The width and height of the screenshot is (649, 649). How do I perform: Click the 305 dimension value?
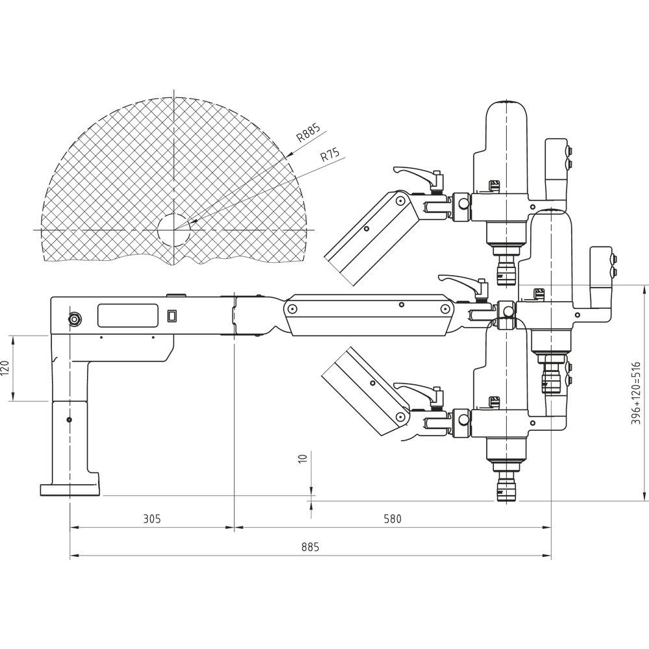point(152,519)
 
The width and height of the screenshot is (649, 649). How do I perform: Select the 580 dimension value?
point(392,519)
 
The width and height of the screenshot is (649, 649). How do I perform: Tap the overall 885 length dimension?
point(310,547)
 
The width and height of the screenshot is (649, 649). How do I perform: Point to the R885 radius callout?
point(308,132)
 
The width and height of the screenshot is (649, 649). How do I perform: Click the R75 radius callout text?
point(330,156)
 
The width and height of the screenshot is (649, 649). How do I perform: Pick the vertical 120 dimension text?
point(5,369)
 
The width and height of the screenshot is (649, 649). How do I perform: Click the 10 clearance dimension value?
point(302,458)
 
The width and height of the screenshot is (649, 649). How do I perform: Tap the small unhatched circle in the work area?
point(174,230)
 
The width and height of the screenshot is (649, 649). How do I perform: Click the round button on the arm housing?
point(75,319)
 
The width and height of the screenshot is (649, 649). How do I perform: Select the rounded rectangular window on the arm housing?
point(128,315)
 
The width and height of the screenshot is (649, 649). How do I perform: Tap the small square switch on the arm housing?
point(172,316)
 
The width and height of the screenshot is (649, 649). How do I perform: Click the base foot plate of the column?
point(69,489)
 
